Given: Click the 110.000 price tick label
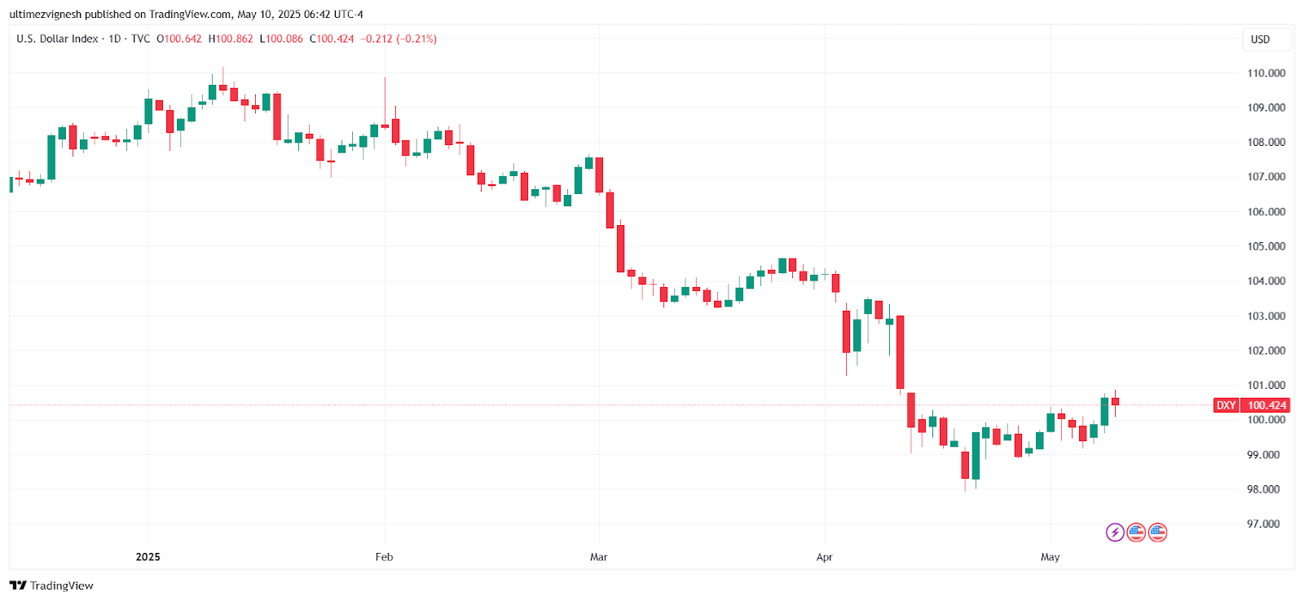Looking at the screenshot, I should [x=1266, y=73].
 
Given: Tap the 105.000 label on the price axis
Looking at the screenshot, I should [x=1266, y=246].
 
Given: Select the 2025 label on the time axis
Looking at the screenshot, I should [x=148, y=557].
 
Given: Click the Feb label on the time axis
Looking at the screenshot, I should [x=384, y=557].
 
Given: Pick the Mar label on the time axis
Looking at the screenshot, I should [x=598, y=557].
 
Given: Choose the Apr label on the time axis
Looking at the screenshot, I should [x=824, y=557].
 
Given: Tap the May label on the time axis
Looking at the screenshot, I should [x=1050, y=557].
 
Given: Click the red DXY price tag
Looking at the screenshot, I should [x=1226, y=405].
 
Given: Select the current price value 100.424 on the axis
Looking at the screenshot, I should [x=1267, y=405].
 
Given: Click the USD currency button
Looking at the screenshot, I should [x=1260, y=39].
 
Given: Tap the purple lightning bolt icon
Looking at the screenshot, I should [x=1115, y=533].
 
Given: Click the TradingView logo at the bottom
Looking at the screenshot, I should [x=51, y=586].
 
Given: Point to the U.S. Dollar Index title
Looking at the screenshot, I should [x=57, y=38].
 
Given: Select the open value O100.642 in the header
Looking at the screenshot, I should [x=178, y=38].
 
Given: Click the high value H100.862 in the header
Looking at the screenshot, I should [x=231, y=38].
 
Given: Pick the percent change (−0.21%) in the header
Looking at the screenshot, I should [x=416, y=38].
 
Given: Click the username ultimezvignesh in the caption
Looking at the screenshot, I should [x=46, y=14].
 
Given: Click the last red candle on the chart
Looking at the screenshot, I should [x=1115, y=401].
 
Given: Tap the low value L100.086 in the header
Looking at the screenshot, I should [x=281, y=38].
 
